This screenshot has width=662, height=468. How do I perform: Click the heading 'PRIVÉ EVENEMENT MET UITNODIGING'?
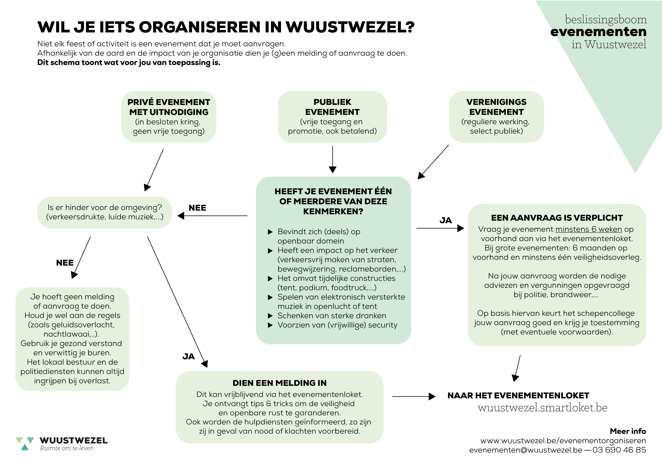coord(169,107)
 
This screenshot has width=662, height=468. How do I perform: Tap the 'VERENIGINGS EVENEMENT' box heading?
coord(496,107)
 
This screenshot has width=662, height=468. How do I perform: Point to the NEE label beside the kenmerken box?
coord(197,208)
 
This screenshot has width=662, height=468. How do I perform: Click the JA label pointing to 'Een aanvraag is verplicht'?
coord(445,220)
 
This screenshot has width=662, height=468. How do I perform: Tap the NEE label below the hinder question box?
coord(65,263)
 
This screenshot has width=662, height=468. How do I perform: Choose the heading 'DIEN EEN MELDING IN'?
coord(279,383)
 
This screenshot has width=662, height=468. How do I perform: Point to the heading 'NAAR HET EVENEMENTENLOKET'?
coord(518,395)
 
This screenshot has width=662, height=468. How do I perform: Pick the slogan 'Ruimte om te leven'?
coord(67,448)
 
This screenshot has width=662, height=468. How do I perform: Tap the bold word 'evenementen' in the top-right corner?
coord(598,32)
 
